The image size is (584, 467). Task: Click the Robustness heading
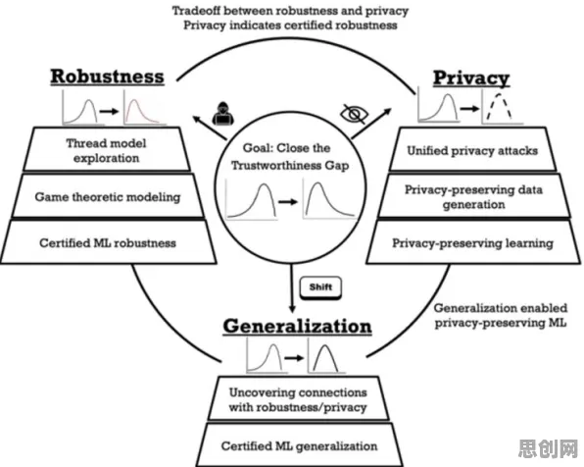pyautogui.click(x=107, y=77)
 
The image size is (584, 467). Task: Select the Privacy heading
pyautogui.click(x=471, y=78)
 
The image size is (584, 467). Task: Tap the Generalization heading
pyautogui.click(x=297, y=326)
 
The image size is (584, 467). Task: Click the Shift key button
pyautogui.click(x=320, y=287)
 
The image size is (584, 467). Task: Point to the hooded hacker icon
pyautogui.click(x=223, y=113)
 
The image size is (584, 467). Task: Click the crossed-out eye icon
pyautogui.click(x=355, y=114)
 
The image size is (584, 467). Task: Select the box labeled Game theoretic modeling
pyautogui.click(x=108, y=196)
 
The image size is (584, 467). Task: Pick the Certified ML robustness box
pyautogui.click(x=108, y=243)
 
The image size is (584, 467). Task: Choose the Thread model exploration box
pyautogui.click(x=107, y=149)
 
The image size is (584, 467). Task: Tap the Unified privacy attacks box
pyautogui.click(x=472, y=150)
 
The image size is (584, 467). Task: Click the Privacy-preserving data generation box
pyautogui.click(x=473, y=196)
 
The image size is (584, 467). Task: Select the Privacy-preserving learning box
pyautogui.click(x=473, y=243)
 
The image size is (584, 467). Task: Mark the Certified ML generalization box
pyautogui.click(x=299, y=445)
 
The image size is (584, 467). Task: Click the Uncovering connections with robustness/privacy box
pyautogui.click(x=298, y=398)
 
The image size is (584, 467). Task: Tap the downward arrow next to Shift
pyautogui.click(x=292, y=288)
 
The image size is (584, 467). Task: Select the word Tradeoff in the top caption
pyautogui.click(x=196, y=11)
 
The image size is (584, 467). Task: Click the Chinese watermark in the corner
pyautogui.click(x=549, y=448)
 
